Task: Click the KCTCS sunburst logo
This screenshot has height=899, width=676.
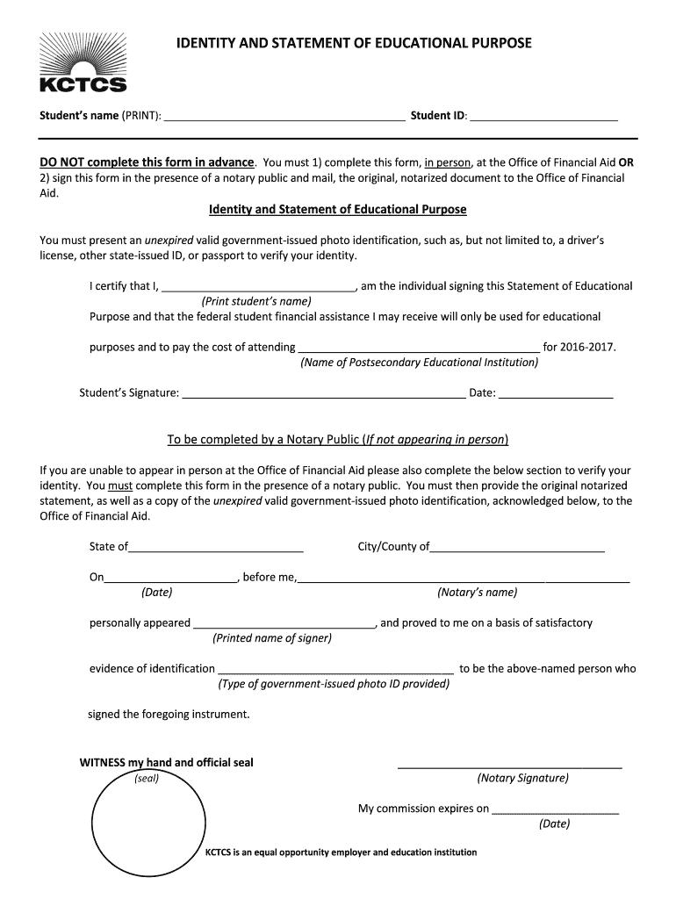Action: (83, 61)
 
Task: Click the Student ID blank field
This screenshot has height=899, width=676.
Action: (543, 118)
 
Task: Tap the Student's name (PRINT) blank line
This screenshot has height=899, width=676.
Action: (284, 118)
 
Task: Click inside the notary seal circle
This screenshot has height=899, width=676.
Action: (146, 829)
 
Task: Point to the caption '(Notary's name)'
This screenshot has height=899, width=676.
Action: (478, 593)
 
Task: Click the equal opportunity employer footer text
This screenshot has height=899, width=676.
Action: (341, 852)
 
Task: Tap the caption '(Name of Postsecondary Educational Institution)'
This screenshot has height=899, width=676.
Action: (420, 363)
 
